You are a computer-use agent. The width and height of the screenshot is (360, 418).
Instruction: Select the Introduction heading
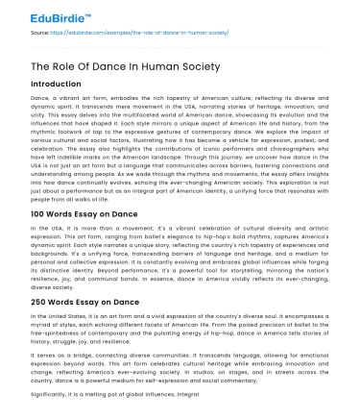coord(62,84)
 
